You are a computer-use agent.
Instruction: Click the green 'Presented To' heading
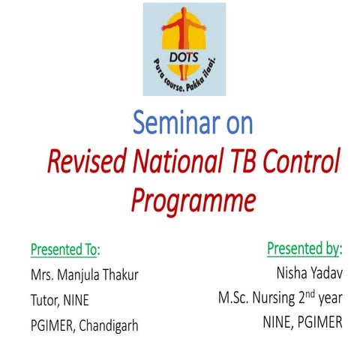(64, 247)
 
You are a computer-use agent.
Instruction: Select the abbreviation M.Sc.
(232, 300)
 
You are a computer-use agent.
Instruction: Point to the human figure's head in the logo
(185, 11)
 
